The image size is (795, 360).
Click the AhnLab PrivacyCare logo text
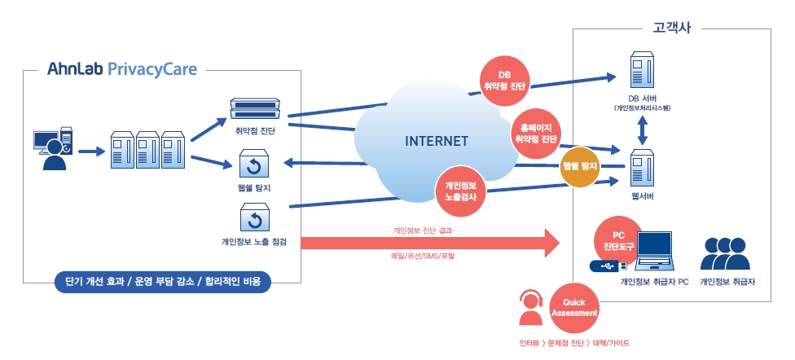(121, 69)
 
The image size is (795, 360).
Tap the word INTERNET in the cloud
(436, 141)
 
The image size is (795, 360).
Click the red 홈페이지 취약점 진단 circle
(536, 134)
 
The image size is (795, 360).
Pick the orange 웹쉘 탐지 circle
(580, 166)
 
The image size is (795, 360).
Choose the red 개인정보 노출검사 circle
(461, 191)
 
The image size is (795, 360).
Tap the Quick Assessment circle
(574, 309)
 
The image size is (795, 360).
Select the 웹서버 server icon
(641, 168)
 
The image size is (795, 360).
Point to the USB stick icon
(608, 266)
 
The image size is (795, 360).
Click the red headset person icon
(530, 307)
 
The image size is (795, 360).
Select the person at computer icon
(53, 148)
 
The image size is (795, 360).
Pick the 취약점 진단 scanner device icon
(255, 108)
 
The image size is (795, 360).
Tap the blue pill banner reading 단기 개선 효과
(163, 282)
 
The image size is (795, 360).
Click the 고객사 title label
(672, 28)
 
